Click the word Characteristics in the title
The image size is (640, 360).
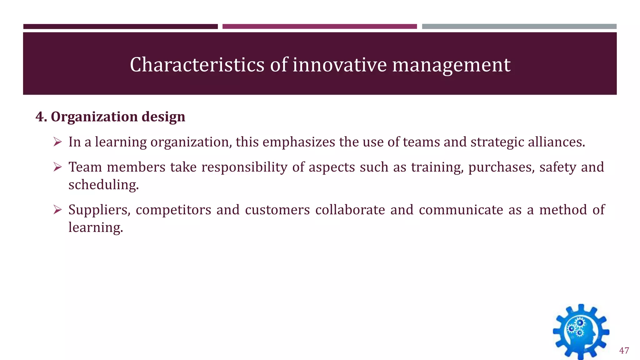[197, 65]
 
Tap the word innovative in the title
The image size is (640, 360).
[339, 65]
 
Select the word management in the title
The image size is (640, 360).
[451, 65]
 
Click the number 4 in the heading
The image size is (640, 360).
[39, 117]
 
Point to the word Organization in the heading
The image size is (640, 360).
[94, 117]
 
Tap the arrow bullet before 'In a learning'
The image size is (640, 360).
[57, 142]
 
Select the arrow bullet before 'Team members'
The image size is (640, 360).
[57, 167]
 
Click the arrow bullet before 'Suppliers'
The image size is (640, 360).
[57, 210]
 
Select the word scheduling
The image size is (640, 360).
[103, 185]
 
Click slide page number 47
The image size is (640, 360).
[624, 351]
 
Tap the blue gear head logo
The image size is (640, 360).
[581, 332]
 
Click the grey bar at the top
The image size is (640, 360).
[519, 27]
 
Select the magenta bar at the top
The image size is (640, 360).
[319, 27]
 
